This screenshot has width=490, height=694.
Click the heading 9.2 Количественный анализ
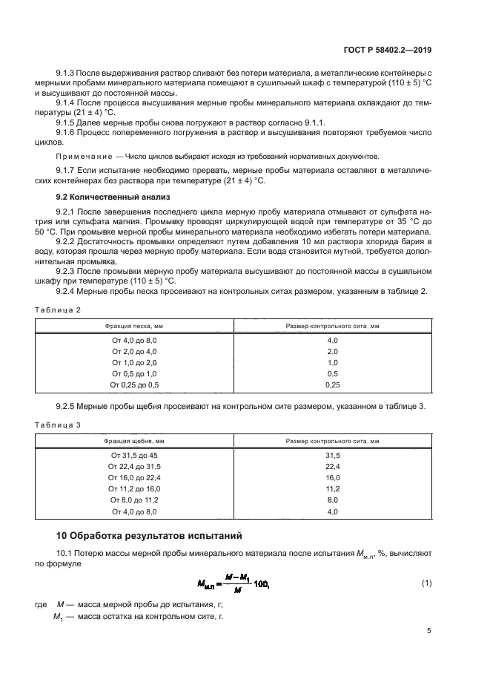(113, 197)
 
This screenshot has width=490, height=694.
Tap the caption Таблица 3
(58, 425)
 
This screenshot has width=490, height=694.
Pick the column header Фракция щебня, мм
(134, 441)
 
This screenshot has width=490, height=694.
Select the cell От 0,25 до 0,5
(134, 385)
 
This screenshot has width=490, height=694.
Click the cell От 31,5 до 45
(134, 455)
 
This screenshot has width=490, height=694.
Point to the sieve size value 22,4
(332, 466)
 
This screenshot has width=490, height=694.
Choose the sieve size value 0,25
(332, 385)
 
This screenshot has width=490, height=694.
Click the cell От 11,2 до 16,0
(134, 489)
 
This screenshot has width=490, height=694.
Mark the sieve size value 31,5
(332, 455)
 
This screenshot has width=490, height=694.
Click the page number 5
(428, 631)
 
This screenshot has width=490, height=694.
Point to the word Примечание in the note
(85, 157)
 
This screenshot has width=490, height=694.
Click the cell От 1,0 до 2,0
(134, 362)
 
